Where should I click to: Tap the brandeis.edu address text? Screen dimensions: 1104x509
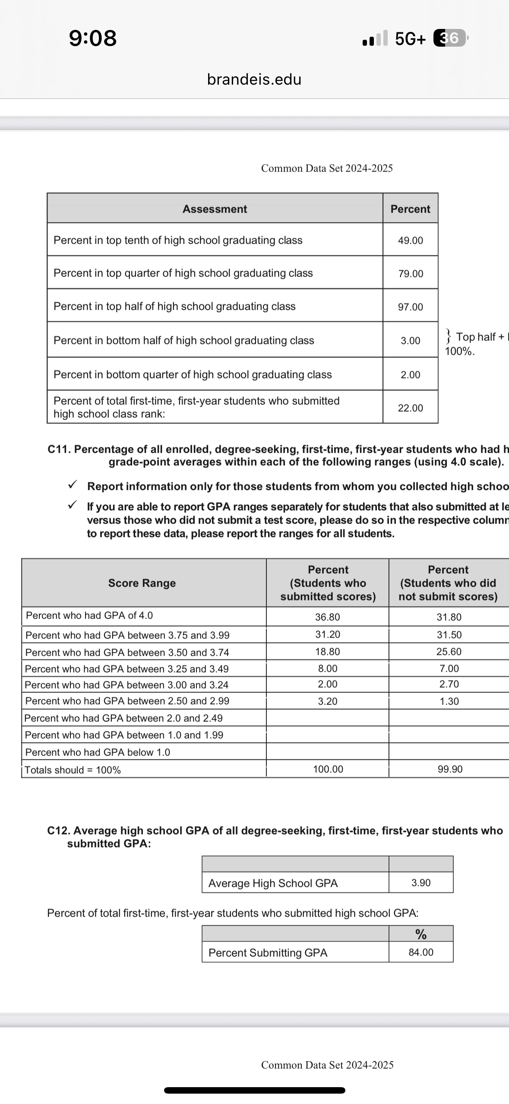pyautogui.click(x=254, y=79)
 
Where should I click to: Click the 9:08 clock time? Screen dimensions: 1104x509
pyautogui.click(x=93, y=38)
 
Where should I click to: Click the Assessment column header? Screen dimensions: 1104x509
pyautogui.click(x=215, y=209)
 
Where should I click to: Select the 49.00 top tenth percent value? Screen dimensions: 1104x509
pyautogui.click(x=410, y=241)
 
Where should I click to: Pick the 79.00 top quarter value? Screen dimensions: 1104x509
pyautogui.click(x=411, y=274)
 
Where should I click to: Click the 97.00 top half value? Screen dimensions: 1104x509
pyautogui.click(x=410, y=307)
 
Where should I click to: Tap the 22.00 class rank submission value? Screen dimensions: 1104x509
pyautogui.click(x=410, y=408)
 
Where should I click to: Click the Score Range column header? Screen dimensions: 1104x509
pyautogui.click(x=142, y=583)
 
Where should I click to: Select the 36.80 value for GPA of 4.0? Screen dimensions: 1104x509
pyautogui.click(x=327, y=617)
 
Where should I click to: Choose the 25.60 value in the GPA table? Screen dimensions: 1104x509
pyautogui.click(x=449, y=652)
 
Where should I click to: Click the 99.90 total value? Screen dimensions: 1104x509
pyautogui.click(x=450, y=769)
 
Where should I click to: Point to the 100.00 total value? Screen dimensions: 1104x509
pyautogui.click(x=328, y=769)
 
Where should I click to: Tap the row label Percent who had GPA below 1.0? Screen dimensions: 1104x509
pyautogui.click(x=98, y=752)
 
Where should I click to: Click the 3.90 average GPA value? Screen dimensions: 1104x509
pyautogui.click(x=421, y=883)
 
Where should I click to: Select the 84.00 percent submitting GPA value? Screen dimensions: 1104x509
pyautogui.click(x=421, y=952)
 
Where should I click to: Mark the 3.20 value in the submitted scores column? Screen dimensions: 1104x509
pyautogui.click(x=327, y=701)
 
